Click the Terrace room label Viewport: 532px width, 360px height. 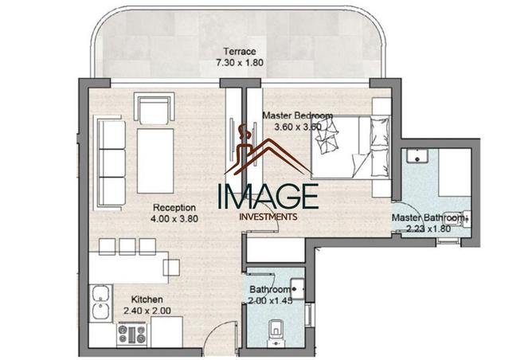[x=233, y=50]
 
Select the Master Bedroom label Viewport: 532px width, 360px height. [x=297, y=115]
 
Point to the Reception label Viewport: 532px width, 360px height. [x=174, y=208]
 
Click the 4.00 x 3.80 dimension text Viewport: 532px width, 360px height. [x=174, y=219]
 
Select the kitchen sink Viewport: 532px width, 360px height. [x=100, y=303]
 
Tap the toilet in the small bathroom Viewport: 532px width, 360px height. [x=272, y=328]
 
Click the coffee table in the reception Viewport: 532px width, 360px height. [x=155, y=162]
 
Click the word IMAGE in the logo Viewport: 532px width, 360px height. [x=269, y=195]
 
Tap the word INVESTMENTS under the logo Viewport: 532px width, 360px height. [x=269, y=216]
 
